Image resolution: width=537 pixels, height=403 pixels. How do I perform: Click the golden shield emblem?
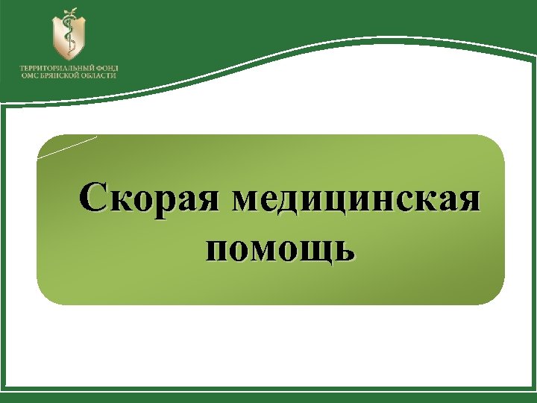pyautogui.click(x=68, y=37)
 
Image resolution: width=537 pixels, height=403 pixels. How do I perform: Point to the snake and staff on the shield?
pyautogui.click(x=68, y=38)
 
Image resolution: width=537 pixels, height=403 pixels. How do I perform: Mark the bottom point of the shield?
pyautogui.click(x=68, y=60)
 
